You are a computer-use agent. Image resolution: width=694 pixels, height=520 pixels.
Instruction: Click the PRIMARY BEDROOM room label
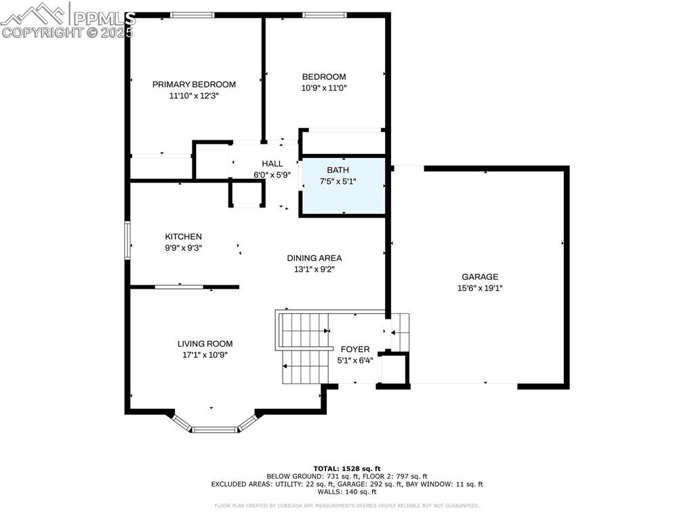(194, 85)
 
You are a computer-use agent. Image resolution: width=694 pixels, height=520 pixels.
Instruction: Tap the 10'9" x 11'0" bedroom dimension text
(324, 88)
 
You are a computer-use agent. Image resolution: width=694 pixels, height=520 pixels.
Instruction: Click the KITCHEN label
(183, 237)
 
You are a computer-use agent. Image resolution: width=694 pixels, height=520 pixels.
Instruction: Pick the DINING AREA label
(314, 258)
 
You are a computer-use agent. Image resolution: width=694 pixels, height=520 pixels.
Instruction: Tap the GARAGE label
(480, 277)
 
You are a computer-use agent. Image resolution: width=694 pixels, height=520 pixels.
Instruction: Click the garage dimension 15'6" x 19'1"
(480, 287)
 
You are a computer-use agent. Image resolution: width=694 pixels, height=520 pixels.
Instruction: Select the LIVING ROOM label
(205, 344)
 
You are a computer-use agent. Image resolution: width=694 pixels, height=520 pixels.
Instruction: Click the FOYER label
(355, 349)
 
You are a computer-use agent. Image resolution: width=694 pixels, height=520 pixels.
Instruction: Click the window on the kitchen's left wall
(127, 240)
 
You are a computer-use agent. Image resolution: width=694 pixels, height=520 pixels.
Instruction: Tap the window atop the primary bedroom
(192, 15)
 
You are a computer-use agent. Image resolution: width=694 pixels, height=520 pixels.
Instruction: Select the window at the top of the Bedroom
(324, 15)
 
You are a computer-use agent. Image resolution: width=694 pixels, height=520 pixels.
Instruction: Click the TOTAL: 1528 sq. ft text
(346, 468)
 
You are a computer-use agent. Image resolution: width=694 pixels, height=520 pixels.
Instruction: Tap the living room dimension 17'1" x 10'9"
(205, 355)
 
